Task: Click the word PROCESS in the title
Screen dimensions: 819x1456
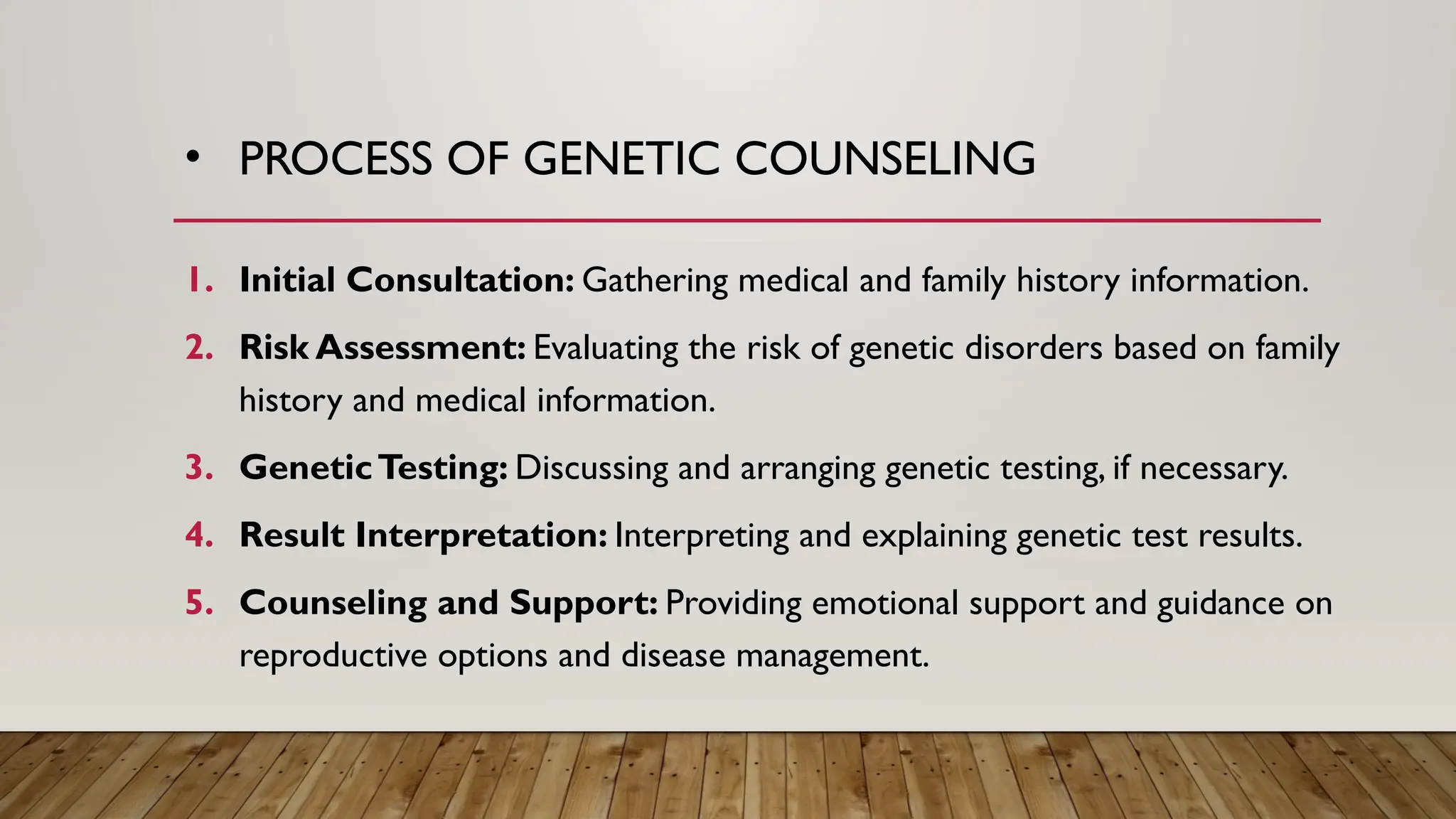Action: pos(335,159)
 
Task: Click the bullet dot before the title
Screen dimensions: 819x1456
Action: pos(192,159)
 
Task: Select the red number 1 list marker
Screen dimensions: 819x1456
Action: pos(199,280)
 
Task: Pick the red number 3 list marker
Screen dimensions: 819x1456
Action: pos(199,468)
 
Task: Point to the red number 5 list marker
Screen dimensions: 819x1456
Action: pos(199,603)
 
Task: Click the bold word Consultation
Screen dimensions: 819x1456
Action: pos(460,280)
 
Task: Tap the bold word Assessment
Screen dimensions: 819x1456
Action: pos(421,348)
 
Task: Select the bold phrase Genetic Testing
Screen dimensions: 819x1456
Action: pos(373,468)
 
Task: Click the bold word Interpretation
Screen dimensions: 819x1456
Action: pos(481,535)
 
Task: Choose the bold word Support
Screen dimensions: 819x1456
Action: pos(583,603)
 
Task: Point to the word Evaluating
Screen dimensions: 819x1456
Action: pos(606,348)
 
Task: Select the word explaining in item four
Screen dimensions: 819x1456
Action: pos(933,535)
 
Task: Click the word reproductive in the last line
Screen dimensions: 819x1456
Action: pos(333,655)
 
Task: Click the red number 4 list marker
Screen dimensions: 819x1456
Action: pos(199,535)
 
